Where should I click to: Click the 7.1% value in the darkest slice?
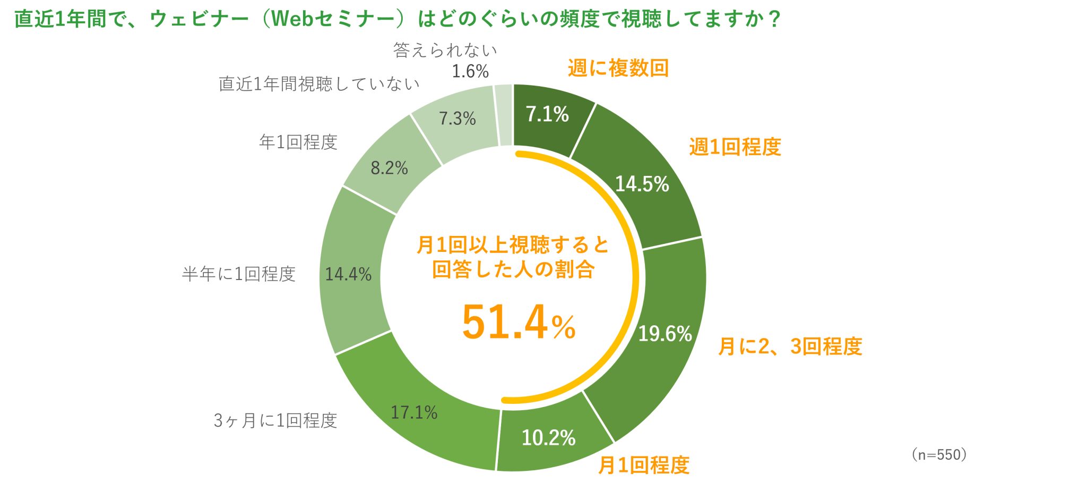tap(547, 114)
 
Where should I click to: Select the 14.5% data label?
tap(642, 184)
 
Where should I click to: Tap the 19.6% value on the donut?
tap(665, 334)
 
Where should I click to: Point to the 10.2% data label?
tap(548, 438)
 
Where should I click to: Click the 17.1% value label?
tap(414, 412)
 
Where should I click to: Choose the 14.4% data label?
tap(348, 274)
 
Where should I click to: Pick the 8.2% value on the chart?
tap(389, 168)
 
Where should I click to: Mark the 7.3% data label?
tap(457, 119)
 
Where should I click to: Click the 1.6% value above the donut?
tap(470, 71)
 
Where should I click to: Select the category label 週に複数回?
tap(618, 69)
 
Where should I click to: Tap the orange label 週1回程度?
tap(735, 147)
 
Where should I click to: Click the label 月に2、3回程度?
tap(790, 346)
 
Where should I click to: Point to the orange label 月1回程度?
tap(643, 466)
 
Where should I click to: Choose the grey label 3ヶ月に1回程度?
tap(275, 421)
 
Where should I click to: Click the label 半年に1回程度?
tap(238, 274)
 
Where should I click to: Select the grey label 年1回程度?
tap(298, 142)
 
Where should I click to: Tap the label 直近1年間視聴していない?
tap(319, 84)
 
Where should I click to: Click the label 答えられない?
tap(445, 50)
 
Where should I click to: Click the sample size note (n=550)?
tap(939, 454)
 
